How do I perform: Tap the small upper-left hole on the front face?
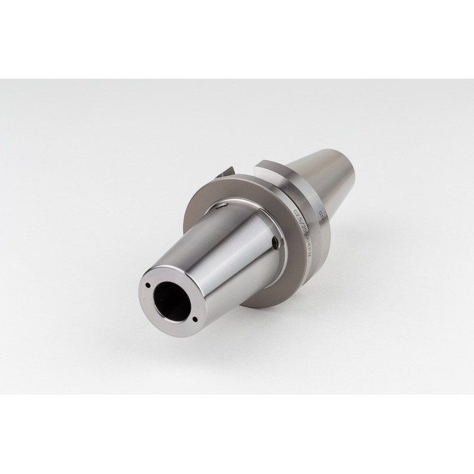click(146, 285)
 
